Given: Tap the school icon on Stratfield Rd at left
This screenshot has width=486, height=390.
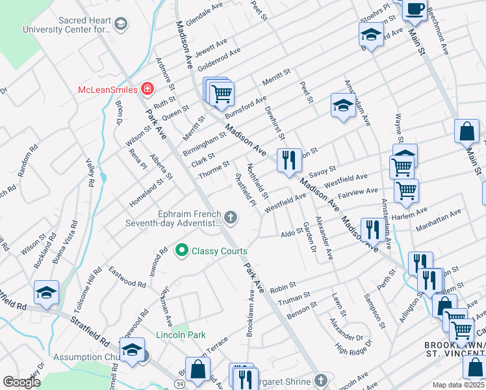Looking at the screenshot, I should (47, 292).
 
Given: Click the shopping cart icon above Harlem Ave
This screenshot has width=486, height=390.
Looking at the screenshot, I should (407, 190).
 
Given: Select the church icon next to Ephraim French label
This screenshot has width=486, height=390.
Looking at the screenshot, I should (231, 216).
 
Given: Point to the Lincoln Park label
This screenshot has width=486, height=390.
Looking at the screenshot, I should (181, 335).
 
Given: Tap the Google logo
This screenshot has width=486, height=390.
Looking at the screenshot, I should (22, 382).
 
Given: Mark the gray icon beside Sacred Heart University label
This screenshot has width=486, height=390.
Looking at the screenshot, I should (120, 25).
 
